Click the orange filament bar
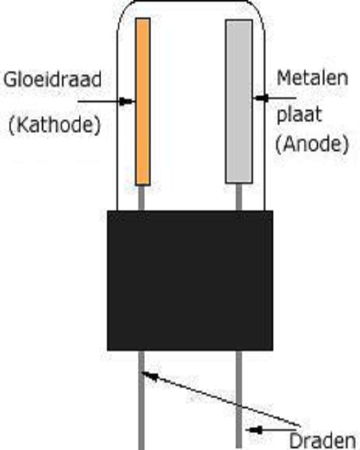coord(143,101)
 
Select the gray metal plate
coord(238,101)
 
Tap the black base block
coord(190,280)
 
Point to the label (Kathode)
coord(54,124)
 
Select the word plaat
coord(299,114)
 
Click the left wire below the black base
coord(142,405)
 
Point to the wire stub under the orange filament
coord(141,197)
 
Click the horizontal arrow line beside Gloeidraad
coord(101,102)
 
